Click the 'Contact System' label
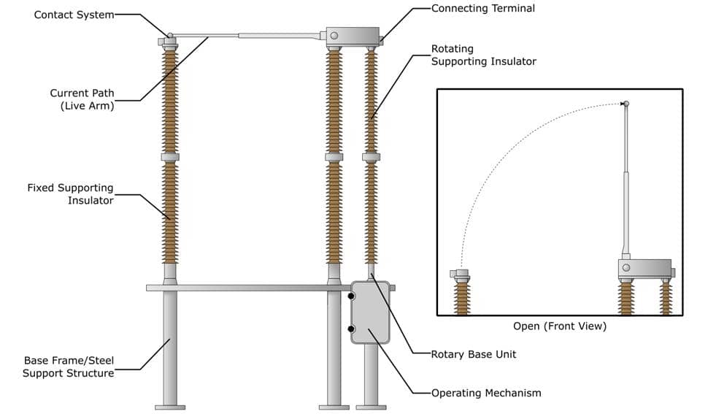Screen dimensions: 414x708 (74, 15)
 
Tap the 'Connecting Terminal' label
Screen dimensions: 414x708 (482, 9)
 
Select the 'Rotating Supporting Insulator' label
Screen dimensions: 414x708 (483, 55)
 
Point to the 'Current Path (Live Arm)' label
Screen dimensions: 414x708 (82, 99)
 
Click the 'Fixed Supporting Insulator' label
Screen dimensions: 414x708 (70, 194)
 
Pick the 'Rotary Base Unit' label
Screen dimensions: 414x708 (474, 354)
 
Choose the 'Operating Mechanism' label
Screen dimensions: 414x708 (486, 393)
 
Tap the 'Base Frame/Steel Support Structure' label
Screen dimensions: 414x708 (69, 367)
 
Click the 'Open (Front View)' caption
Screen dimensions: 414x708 (560, 326)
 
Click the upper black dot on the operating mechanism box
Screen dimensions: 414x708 (352, 296)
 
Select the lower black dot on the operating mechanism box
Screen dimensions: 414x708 (352, 329)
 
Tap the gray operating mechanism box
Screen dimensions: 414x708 (371, 313)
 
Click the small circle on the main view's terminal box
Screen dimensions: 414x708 (334, 36)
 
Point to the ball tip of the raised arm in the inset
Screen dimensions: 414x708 (626, 103)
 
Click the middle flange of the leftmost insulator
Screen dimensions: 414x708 (170, 157)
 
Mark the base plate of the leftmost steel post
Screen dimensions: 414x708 (170, 407)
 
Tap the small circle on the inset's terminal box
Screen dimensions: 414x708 (626, 268)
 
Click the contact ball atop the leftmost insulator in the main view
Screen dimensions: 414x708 (170, 35)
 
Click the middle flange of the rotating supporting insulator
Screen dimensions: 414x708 (371, 157)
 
